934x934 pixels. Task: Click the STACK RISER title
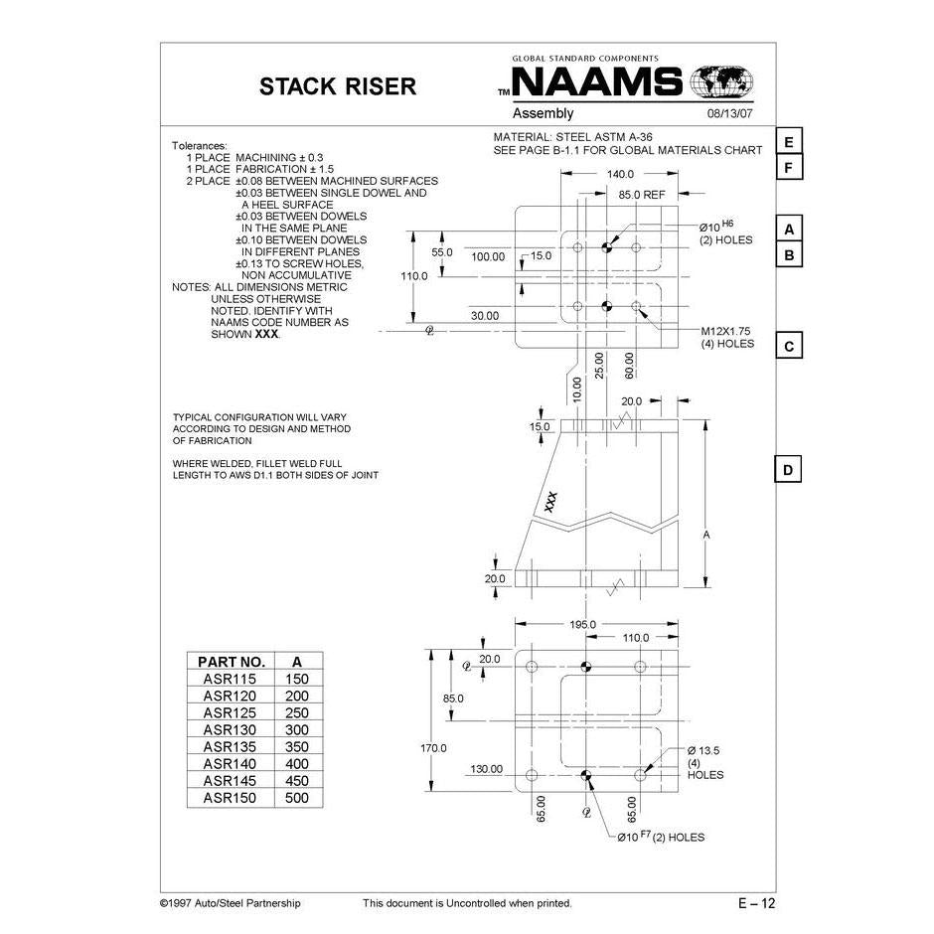coord(338,86)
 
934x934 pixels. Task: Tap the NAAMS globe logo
coord(721,81)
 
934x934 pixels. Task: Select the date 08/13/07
coord(730,114)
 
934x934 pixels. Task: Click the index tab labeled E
coord(788,142)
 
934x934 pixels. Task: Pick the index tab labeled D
coord(788,470)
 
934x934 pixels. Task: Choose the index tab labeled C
coord(788,347)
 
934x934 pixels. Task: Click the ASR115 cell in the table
coord(230,679)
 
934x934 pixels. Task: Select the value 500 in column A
coord(297,798)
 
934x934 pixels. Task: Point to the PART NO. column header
coord(231,661)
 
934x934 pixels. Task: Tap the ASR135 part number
coord(230,746)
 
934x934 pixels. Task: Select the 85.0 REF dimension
coord(641,195)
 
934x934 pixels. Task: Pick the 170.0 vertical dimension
coord(433,747)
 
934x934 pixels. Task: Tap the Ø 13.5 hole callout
coord(703,750)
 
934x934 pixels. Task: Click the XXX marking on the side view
coord(551,502)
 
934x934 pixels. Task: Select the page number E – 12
coord(756,903)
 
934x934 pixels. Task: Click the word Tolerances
coord(200,145)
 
